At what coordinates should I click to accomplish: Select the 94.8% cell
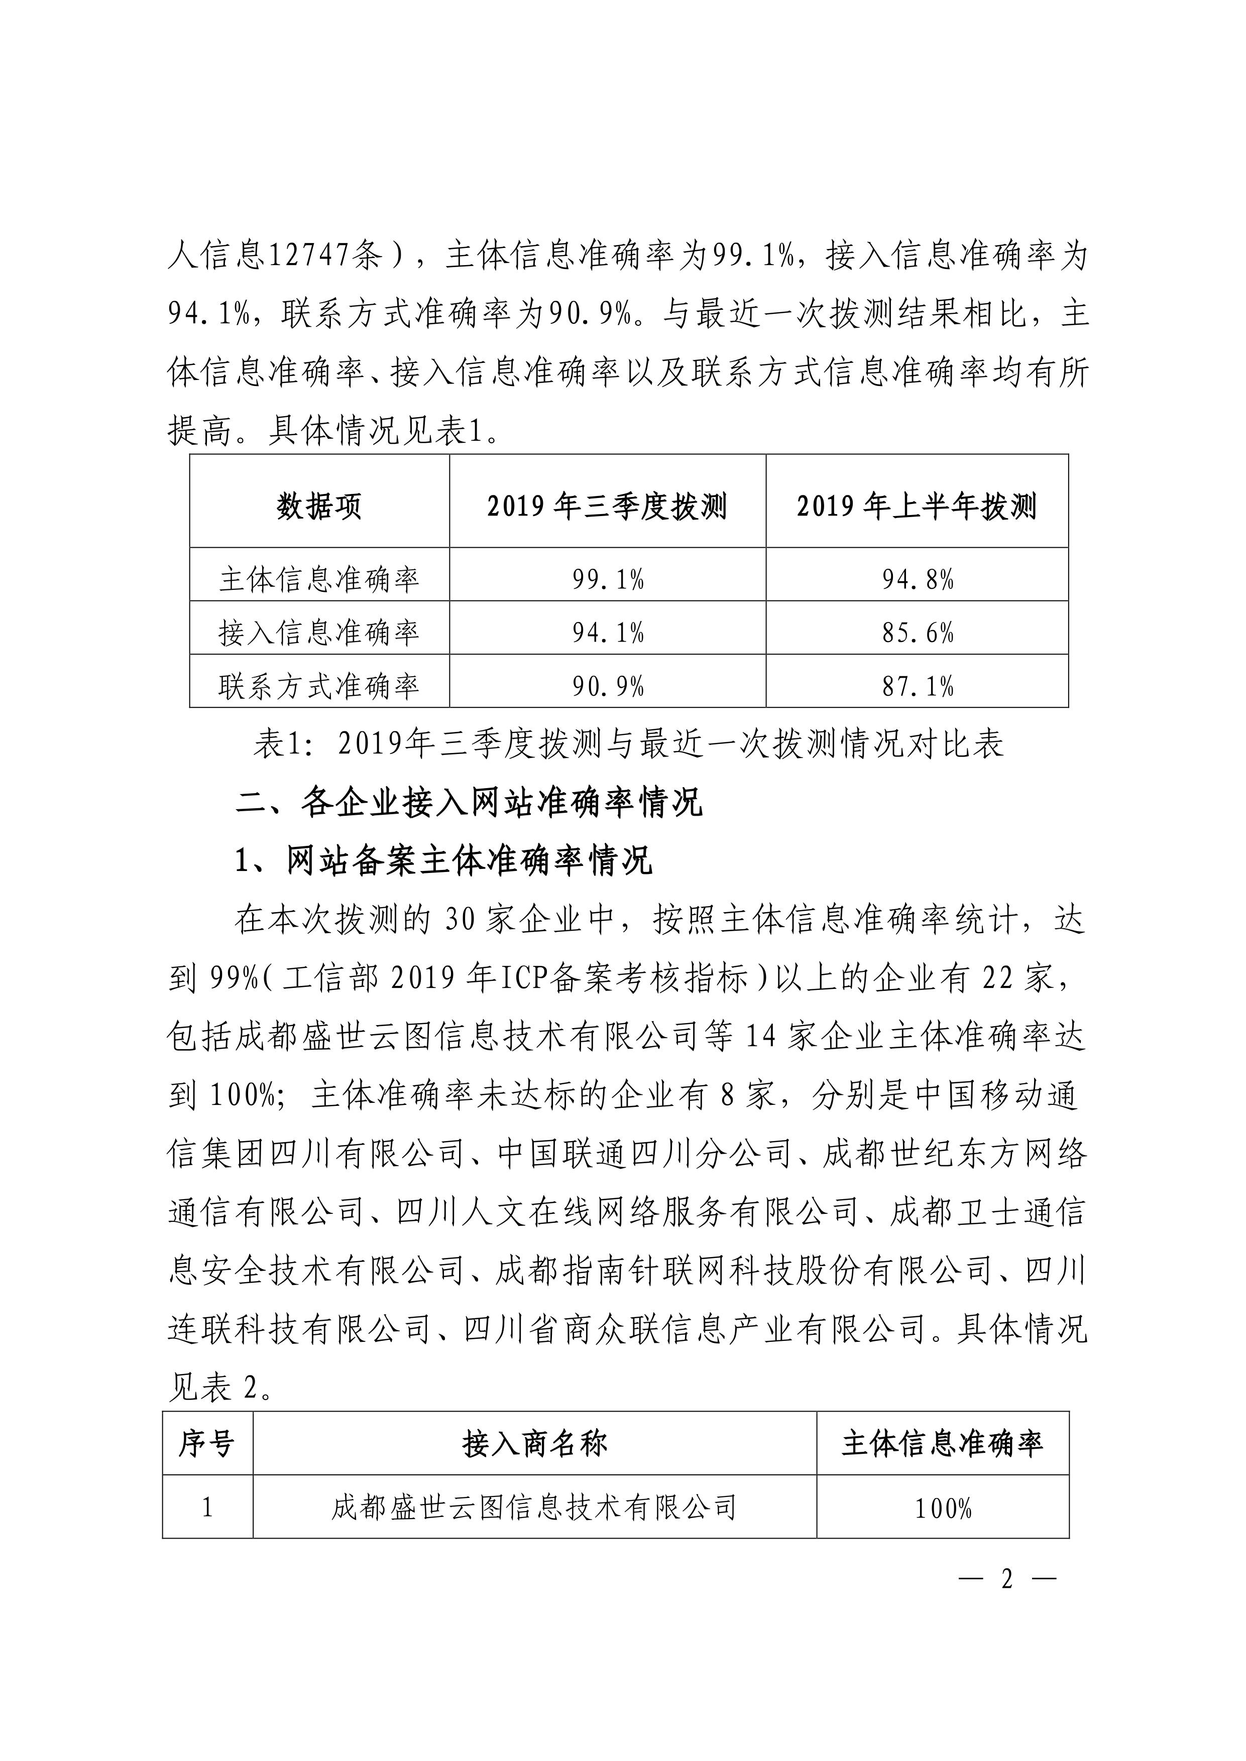point(918,579)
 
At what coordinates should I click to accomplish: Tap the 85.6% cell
point(918,633)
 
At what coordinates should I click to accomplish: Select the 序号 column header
point(207,1443)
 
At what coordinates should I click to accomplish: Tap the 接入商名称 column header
point(535,1443)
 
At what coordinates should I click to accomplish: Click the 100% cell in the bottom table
point(943,1508)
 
